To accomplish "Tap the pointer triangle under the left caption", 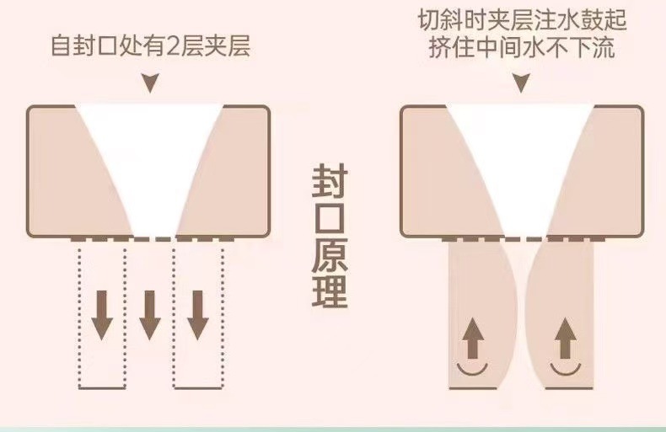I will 150,83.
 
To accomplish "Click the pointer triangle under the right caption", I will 520,83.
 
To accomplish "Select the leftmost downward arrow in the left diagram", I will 102,314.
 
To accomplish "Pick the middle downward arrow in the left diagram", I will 149,314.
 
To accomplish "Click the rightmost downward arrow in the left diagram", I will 198,314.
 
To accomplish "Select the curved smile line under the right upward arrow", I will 567,369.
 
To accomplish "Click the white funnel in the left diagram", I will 150,160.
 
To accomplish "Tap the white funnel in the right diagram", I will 520,160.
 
